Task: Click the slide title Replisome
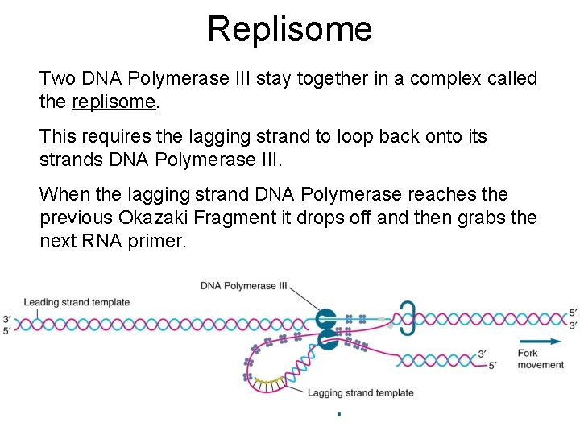coord(289,29)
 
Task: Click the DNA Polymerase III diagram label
coord(244,285)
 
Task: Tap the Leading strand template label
coord(77,302)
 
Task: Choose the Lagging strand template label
coord(360,393)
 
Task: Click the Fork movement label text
coord(540,358)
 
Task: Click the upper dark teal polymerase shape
coord(325,318)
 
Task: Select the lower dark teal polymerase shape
coord(327,339)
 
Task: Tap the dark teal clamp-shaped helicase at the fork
coord(408,318)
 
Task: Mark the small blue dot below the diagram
coord(339,414)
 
